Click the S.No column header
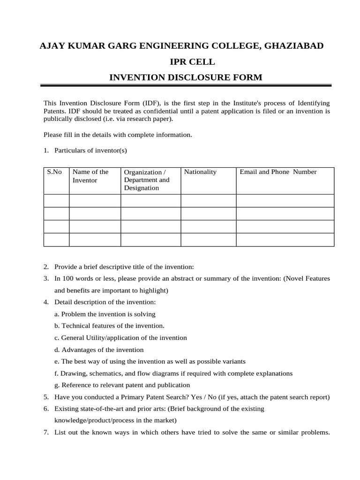55,172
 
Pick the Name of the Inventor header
90,176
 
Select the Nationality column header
200,172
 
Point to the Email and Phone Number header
278,172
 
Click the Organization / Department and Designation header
147,180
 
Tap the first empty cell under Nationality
208,201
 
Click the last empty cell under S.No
56,240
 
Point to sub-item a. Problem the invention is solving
105,314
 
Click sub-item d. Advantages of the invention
99,350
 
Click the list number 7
46,432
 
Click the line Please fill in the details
118,135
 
